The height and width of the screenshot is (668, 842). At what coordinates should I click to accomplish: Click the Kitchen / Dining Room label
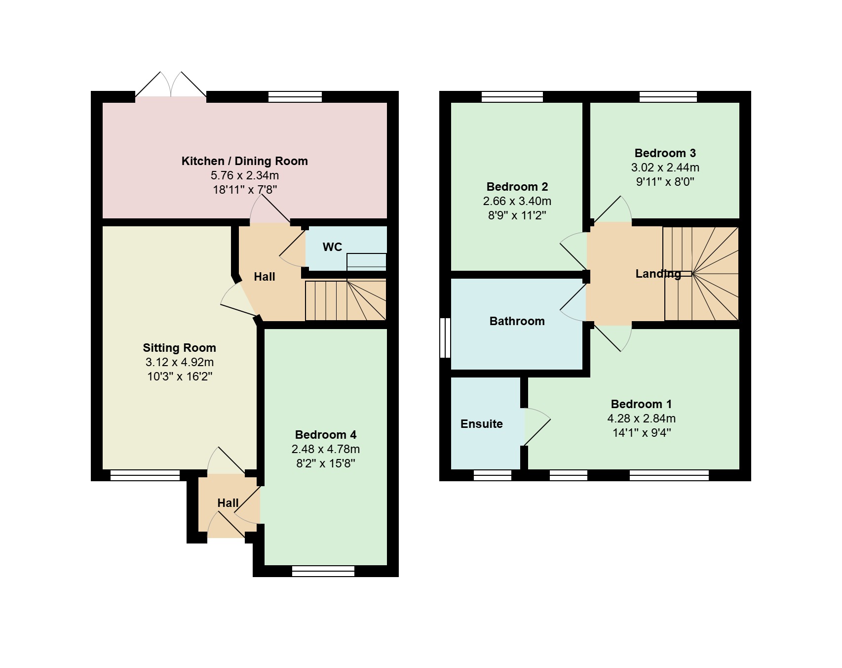tap(244, 161)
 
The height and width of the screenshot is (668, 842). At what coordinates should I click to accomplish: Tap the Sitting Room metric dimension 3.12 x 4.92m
tap(180, 362)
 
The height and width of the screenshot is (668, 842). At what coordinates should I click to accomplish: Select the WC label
tap(332, 247)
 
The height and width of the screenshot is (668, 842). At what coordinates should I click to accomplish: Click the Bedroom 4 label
tap(325, 435)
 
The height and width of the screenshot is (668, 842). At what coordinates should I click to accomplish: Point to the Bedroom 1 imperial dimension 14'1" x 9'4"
tap(641, 433)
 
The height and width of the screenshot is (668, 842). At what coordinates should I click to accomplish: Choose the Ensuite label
tap(482, 424)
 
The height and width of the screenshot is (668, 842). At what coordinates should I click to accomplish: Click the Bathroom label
tap(517, 321)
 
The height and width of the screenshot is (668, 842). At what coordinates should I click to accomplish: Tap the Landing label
tap(658, 274)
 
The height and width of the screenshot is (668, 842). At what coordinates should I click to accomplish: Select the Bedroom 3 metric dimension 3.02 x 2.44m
tap(665, 167)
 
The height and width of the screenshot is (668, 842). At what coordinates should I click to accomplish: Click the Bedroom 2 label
tap(517, 187)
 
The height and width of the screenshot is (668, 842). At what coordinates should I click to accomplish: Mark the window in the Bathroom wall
tap(445, 337)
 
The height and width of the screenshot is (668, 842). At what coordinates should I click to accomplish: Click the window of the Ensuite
tap(493, 475)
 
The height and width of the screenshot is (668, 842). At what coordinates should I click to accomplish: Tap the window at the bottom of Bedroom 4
tap(323, 571)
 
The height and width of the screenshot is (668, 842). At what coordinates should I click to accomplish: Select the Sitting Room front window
tap(145, 475)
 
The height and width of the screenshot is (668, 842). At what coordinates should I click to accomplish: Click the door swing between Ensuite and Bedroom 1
tap(536, 426)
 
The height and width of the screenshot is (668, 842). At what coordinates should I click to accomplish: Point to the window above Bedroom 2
tap(512, 96)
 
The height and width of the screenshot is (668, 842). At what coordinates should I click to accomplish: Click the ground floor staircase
tap(345, 300)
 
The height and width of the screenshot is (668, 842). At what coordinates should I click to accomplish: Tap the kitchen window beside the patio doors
tap(295, 96)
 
